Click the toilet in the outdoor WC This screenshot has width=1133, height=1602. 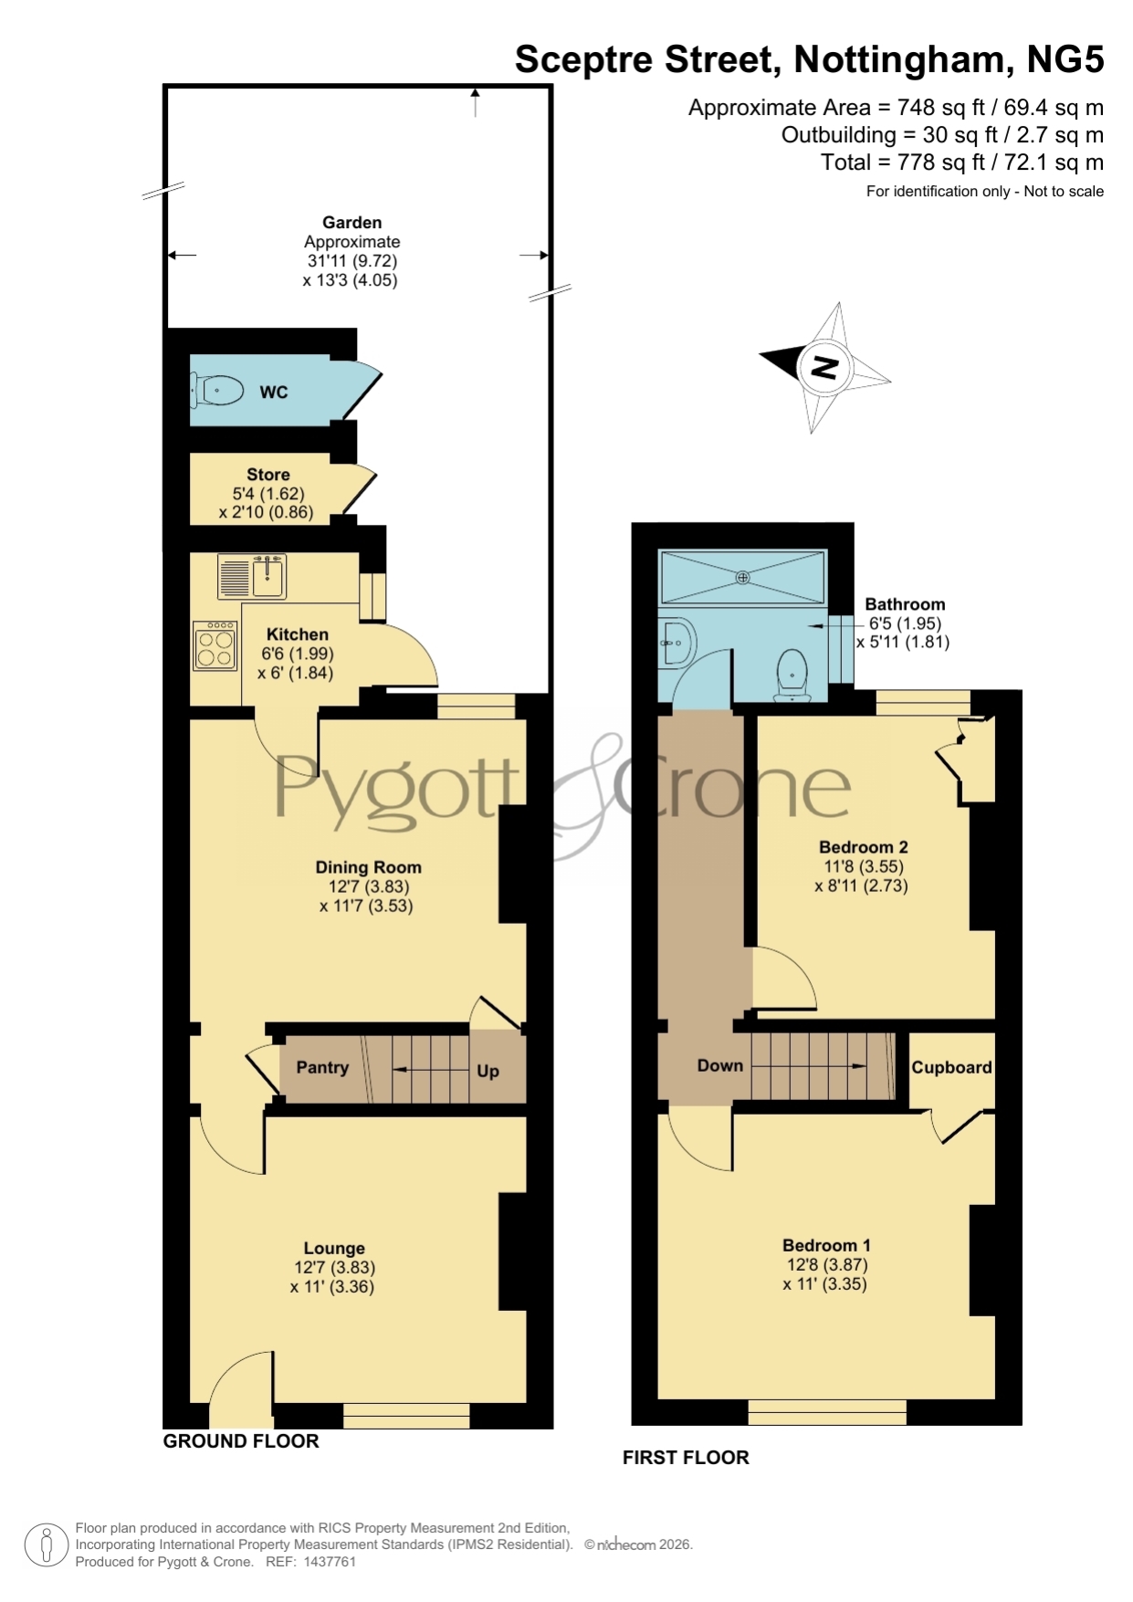pyautogui.click(x=216, y=391)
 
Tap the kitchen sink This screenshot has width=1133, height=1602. pyautogui.click(x=252, y=576)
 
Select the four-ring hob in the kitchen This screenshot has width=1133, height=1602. pyautogui.click(x=215, y=646)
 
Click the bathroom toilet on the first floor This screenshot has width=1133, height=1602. pyautogui.click(x=792, y=675)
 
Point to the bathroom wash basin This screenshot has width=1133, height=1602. pyautogui.click(x=677, y=643)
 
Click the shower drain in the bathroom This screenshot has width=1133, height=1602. pyautogui.click(x=743, y=577)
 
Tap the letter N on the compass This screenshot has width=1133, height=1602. pyautogui.click(x=824, y=367)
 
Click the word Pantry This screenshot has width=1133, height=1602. pyautogui.click(x=322, y=1067)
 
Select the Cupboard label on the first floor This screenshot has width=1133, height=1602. pyautogui.click(x=951, y=1067)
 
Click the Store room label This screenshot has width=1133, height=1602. pyautogui.click(x=268, y=475)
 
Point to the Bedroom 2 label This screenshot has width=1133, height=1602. pyautogui.click(x=864, y=847)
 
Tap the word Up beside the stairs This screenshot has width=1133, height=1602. pyautogui.click(x=488, y=1071)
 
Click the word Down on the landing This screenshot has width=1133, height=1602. pyautogui.click(x=720, y=1065)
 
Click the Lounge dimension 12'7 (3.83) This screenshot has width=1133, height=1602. pyautogui.click(x=335, y=1268)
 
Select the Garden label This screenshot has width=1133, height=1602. pyautogui.click(x=352, y=223)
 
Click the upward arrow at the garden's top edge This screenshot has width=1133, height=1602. pyautogui.click(x=475, y=103)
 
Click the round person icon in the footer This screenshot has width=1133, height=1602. pyautogui.click(x=46, y=1545)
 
